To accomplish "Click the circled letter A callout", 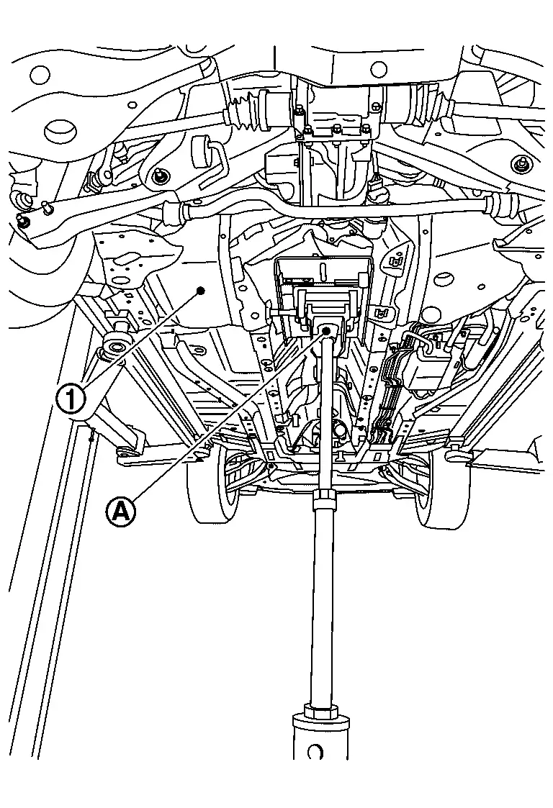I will tap(121, 512).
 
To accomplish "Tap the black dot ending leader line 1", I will tap(201, 291).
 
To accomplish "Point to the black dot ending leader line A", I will tap(326, 330).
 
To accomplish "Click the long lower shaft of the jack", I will tap(323, 604).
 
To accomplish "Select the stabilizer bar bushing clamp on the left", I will tap(175, 214).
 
